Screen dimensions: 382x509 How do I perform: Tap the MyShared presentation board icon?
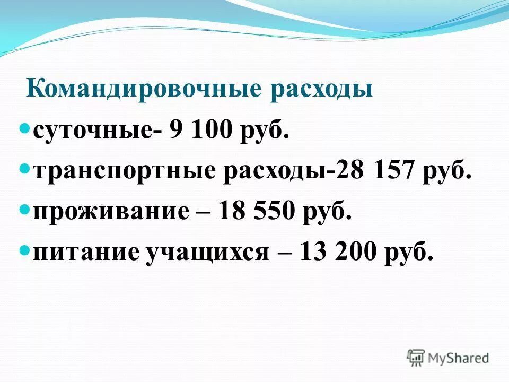416,358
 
